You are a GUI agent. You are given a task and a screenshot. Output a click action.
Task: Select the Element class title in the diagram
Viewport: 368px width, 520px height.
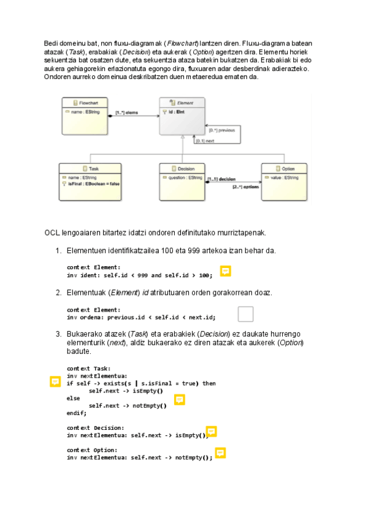click(185, 102)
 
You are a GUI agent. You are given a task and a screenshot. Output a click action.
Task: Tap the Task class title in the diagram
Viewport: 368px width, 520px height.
click(93, 169)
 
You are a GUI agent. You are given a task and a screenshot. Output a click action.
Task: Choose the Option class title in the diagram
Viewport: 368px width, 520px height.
click(287, 169)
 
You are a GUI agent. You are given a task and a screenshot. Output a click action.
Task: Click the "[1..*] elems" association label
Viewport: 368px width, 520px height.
click(127, 113)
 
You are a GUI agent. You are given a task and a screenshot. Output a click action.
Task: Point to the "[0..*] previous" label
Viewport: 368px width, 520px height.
click(221, 130)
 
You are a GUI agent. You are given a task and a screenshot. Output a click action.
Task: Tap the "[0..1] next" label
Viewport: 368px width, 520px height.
click(205, 141)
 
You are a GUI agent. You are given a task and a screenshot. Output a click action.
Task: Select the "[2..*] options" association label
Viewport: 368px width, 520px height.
click(246, 186)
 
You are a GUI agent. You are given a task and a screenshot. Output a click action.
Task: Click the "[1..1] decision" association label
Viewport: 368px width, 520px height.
click(221, 179)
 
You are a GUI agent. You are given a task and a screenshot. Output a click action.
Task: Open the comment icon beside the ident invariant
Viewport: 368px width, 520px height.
click(225, 271)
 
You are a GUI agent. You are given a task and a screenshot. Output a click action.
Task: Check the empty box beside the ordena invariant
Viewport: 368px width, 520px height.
click(245, 314)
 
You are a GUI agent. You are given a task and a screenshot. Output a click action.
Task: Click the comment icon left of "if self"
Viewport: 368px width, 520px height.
click(55, 382)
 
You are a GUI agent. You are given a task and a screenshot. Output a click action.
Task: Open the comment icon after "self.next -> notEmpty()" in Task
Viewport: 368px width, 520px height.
click(179, 399)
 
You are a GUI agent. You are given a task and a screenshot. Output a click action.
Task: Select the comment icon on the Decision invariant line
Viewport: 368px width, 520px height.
click(211, 432)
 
